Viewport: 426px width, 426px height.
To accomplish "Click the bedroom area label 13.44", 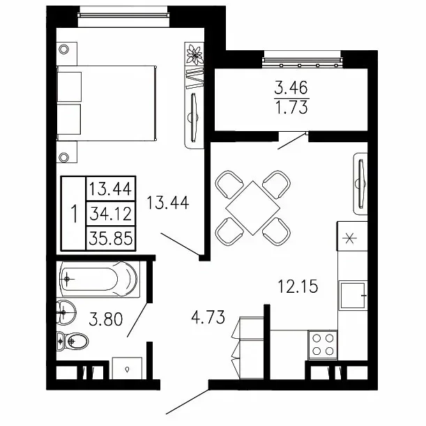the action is click(x=167, y=203).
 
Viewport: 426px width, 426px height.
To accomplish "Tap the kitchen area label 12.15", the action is click(x=298, y=287).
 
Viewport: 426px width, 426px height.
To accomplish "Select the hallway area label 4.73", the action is click(x=208, y=317).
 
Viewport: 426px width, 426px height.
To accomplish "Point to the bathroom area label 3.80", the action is click(x=106, y=319).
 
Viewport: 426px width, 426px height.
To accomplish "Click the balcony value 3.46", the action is click(x=291, y=88).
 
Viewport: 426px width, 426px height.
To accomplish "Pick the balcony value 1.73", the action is click(x=291, y=107).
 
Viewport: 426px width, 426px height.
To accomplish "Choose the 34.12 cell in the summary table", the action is click(x=111, y=213).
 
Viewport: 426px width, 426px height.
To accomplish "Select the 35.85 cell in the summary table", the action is click(x=111, y=238).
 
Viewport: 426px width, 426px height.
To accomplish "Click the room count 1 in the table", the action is click(x=74, y=213).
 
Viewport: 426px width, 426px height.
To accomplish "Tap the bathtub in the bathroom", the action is click(x=99, y=279).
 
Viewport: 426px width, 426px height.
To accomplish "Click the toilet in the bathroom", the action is click(x=73, y=341).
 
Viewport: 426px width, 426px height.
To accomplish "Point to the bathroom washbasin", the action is click(x=66, y=312).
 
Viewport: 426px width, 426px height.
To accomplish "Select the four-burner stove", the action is click(x=323, y=345).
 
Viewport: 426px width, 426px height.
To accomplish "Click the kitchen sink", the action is click(x=353, y=296).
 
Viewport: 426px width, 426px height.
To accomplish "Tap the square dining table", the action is click(x=252, y=208).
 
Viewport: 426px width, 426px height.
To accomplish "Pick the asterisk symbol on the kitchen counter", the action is click(x=349, y=239).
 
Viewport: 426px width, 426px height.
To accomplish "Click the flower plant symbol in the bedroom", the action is click(x=195, y=54).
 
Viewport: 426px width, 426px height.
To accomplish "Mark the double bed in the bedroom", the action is click(x=107, y=103).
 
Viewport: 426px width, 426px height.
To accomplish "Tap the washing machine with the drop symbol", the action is click(x=127, y=368).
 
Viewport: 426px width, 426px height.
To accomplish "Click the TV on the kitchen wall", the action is click(x=360, y=183).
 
